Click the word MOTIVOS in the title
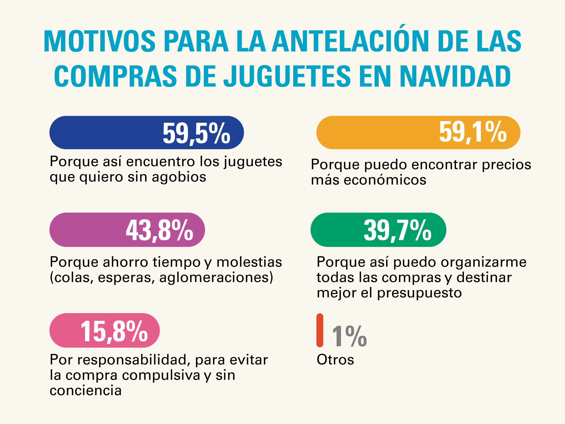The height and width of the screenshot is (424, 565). pyautogui.click(x=100, y=41)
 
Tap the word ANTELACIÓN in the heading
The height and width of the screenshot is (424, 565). pyautogui.click(x=350, y=41)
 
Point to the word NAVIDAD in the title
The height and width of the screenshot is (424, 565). pyautogui.click(x=455, y=76)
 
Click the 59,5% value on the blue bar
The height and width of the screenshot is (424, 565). pyautogui.click(x=196, y=133)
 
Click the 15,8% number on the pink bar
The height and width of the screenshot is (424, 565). pyautogui.click(x=114, y=331)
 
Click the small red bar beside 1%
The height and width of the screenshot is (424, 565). pyautogui.click(x=320, y=330)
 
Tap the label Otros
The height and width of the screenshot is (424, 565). pyautogui.click(x=335, y=360)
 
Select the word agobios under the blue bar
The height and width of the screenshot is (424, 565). pyautogui.click(x=179, y=177)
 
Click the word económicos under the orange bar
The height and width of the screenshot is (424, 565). pyautogui.click(x=385, y=180)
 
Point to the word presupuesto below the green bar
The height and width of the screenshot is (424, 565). pyautogui.click(x=419, y=293)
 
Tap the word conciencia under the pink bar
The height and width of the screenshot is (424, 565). pyautogui.click(x=86, y=390)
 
